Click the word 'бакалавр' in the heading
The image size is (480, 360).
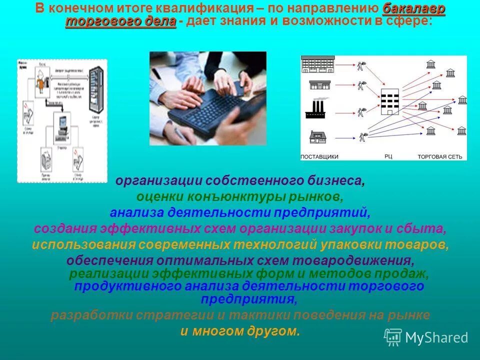[414, 9]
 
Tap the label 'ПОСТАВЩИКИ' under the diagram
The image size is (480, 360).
[319, 156]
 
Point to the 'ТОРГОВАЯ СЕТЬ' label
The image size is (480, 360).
[439, 156]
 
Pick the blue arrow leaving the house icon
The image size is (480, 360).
[340, 135]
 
